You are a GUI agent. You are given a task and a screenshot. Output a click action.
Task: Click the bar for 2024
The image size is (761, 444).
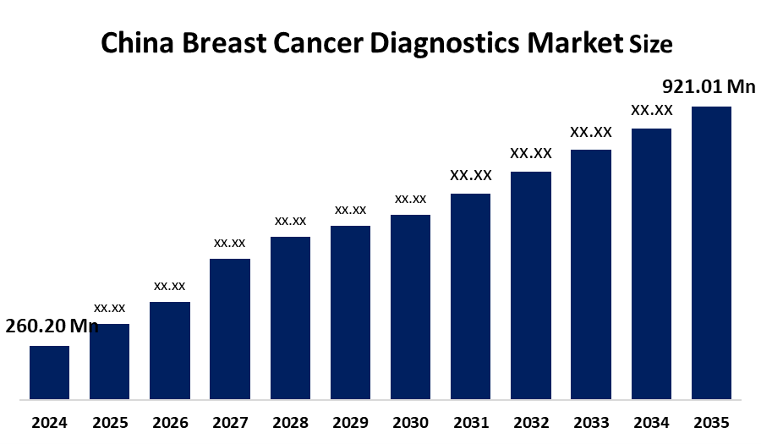(49, 372)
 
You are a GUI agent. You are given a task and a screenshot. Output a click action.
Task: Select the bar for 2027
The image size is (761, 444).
(230, 328)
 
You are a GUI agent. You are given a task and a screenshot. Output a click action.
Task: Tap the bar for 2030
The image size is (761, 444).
(410, 306)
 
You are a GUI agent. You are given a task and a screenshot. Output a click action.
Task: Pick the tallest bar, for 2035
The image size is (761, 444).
(711, 252)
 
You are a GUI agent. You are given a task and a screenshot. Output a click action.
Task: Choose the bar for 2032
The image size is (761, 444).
(531, 285)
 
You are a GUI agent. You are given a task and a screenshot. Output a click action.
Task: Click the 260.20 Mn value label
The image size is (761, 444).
(52, 326)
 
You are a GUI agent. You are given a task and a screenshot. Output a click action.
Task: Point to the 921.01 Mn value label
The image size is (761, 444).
(709, 86)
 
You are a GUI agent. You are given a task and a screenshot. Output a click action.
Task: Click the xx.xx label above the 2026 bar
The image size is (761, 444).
(169, 286)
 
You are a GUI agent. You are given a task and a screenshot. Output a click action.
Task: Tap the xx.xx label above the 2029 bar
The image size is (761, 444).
(350, 210)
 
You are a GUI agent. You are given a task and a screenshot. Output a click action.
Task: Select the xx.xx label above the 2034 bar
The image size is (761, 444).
(652, 111)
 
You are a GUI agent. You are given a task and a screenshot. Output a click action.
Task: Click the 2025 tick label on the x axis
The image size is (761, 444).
(109, 422)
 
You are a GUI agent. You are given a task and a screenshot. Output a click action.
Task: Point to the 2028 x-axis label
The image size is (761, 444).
(290, 422)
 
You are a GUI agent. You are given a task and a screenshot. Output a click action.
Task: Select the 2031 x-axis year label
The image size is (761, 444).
(471, 422)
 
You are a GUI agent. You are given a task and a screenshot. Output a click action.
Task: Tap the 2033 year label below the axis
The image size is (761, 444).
(591, 422)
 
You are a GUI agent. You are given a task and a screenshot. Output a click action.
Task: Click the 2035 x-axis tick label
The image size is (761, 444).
(711, 422)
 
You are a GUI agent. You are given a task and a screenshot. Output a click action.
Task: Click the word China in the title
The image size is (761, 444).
(136, 44)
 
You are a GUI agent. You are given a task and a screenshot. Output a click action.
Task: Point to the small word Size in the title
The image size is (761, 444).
(650, 47)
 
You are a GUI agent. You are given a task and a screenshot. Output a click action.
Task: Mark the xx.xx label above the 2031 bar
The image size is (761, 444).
(471, 176)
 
